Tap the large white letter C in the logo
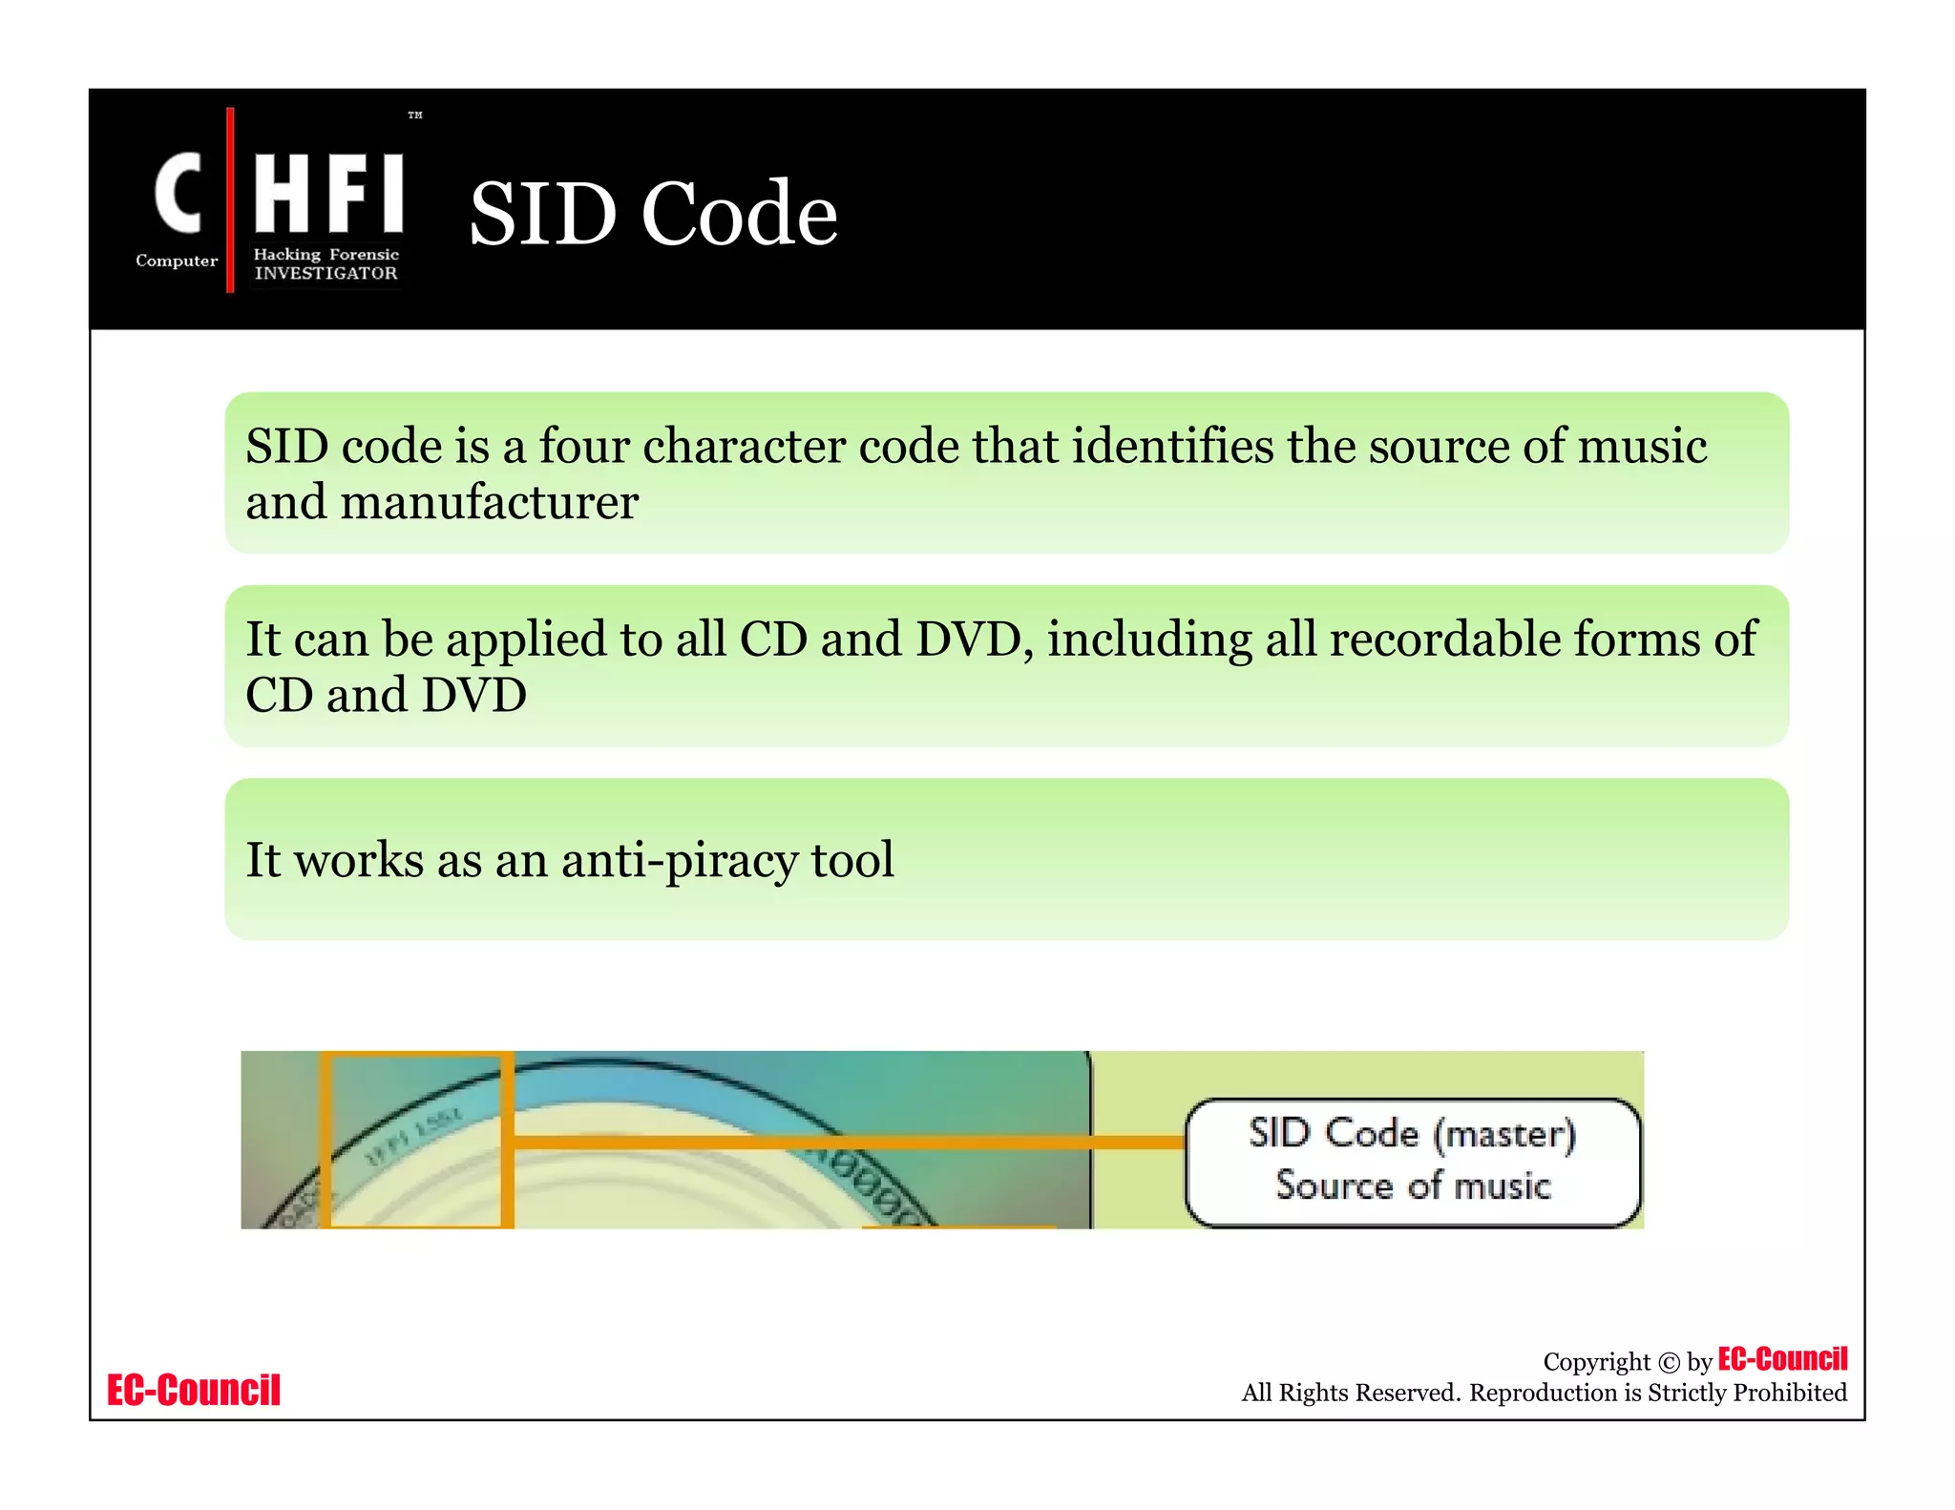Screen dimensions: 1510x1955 [179, 193]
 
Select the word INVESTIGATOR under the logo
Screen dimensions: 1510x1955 [326, 273]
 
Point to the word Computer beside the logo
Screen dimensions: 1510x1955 [177, 261]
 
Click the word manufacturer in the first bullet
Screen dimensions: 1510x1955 [489, 503]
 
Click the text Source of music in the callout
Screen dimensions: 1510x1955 [1412, 1185]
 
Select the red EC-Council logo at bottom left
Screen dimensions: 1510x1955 [194, 1390]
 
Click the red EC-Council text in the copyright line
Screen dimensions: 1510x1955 [1782, 1358]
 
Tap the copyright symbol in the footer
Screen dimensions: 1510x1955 [1669, 1363]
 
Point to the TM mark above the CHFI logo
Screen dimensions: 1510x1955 [415, 115]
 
